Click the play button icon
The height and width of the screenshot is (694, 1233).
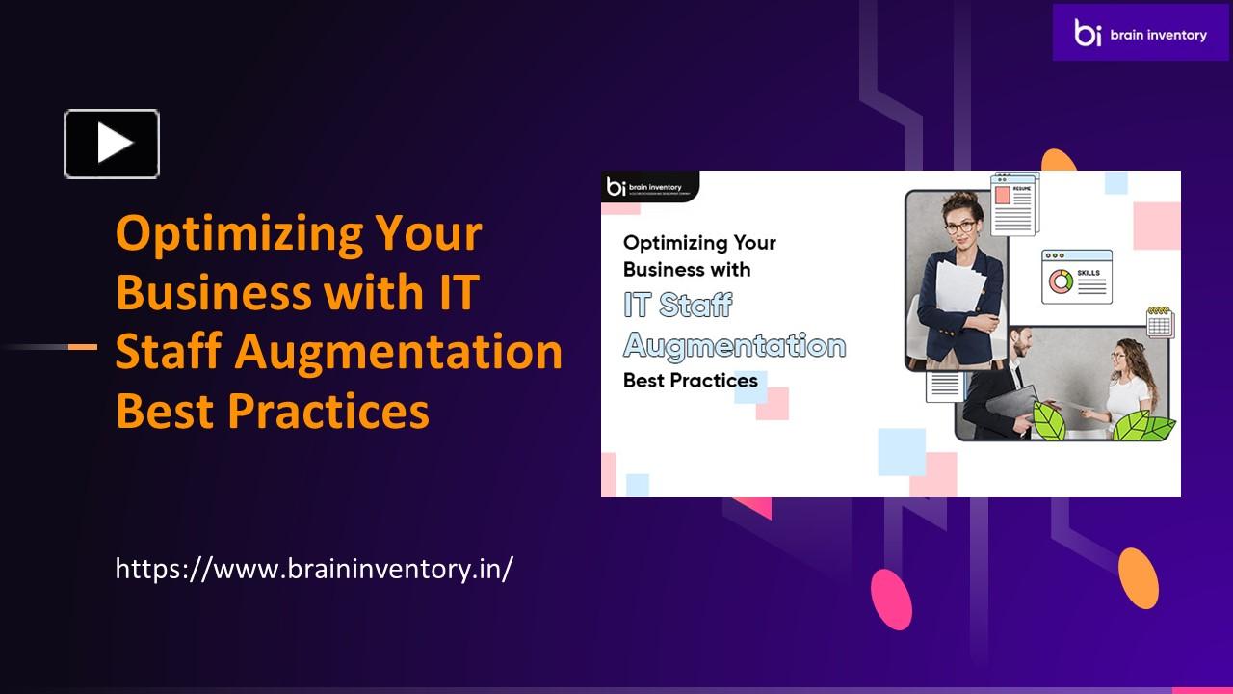(x=112, y=144)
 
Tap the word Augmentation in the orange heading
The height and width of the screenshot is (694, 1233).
(x=399, y=351)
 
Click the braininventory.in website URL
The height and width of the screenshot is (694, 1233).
(x=314, y=568)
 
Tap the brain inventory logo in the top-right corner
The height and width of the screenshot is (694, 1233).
(x=1140, y=34)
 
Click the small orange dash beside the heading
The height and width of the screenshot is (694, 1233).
(x=84, y=346)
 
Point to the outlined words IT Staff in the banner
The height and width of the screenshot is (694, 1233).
(x=677, y=305)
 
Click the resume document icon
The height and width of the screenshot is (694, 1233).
(x=1012, y=204)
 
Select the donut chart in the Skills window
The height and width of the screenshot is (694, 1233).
(x=1060, y=282)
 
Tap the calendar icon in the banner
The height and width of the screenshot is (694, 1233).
(x=1160, y=323)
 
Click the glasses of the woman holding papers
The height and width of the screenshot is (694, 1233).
(x=958, y=227)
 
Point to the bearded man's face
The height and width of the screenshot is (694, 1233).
(x=1021, y=346)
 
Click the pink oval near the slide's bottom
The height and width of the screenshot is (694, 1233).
(x=890, y=599)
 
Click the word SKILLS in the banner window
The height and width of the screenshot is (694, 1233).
(x=1089, y=273)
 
